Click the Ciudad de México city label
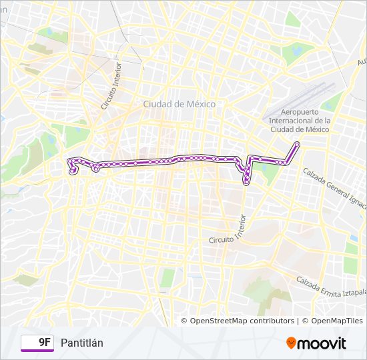175,104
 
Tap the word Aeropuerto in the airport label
306,111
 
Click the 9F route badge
38,343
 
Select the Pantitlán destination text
82,343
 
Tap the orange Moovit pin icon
291,343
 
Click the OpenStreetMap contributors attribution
242,321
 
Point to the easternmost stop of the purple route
297,145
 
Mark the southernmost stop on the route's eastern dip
246,182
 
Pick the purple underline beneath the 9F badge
38,351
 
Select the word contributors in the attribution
270,321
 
